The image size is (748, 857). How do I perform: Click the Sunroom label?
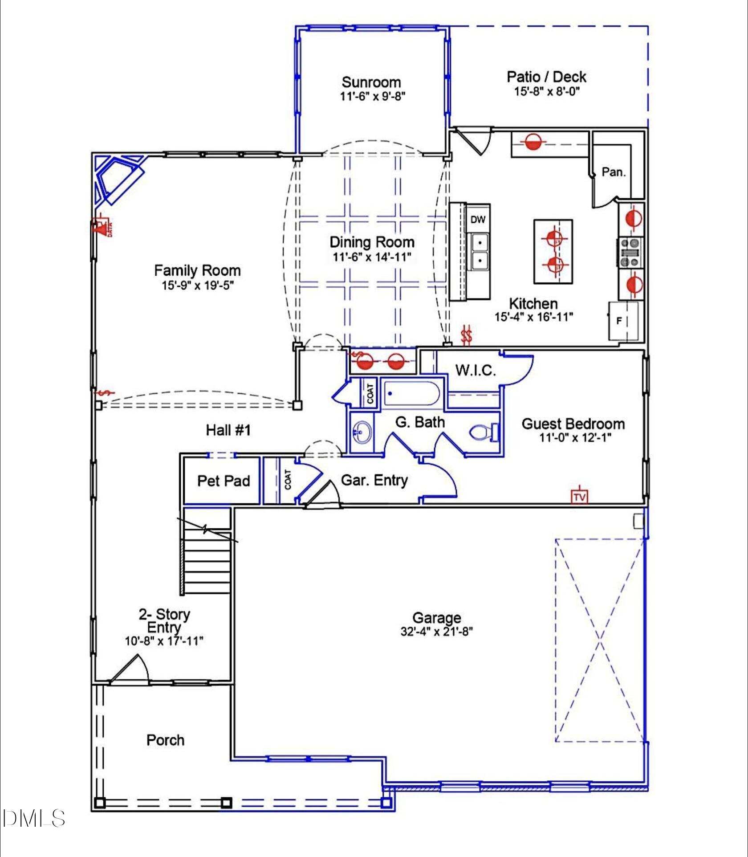point(371,82)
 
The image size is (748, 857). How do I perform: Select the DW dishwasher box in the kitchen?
point(478,220)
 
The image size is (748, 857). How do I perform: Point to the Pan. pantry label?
point(614,172)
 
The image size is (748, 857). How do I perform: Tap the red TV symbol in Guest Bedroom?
point(579,496)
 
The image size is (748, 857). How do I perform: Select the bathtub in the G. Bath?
point(411,394)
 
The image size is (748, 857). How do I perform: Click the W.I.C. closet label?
point(475,370)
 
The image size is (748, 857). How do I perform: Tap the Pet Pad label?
point(224,481)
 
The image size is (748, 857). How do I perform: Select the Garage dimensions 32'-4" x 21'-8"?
point(436,632)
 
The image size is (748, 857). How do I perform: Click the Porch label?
point(165,740)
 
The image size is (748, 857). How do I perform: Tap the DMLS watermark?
point(33,818)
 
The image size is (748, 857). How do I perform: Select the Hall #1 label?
point(228,430)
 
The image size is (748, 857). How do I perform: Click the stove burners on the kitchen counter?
point(630,253)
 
